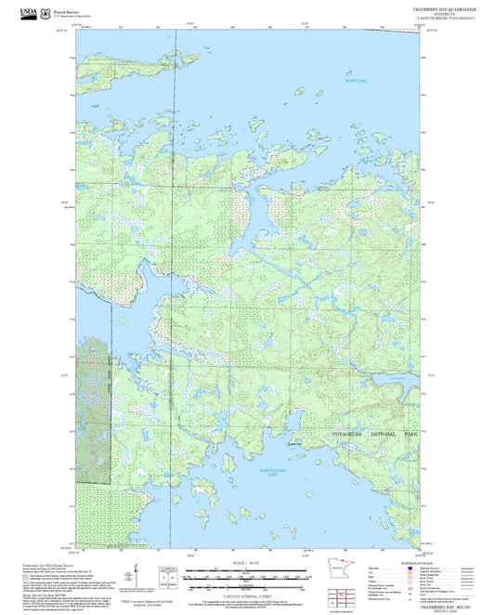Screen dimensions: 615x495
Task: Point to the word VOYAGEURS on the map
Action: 351,435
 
